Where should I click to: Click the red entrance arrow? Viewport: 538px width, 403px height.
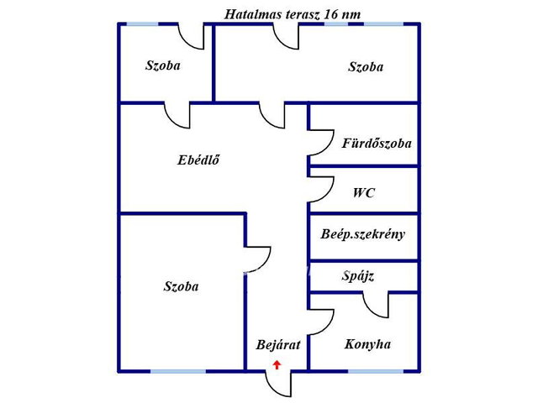click(x=277, y=364)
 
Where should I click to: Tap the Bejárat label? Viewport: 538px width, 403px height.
click(x=278, y=344)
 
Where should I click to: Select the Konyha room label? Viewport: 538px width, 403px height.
click(x=367, y=344)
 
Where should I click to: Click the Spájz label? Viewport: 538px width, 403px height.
click(x=358, y=276)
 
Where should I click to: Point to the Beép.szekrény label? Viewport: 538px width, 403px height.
click(x=362, y=234)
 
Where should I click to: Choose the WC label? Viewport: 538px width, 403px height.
click(x=364, y=192)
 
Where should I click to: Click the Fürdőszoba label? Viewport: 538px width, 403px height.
click(x=377, y=143)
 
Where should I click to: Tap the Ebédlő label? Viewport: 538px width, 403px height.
click(x=198, y=160)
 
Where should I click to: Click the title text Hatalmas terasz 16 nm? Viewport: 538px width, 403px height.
click(x=293, y=14)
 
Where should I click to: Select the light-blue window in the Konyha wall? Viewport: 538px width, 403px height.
click(x=376, y=371)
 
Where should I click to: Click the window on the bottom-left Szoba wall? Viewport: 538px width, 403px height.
click(x=178, y=371)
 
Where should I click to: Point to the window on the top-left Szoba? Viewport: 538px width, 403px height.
click(x=143, y=24)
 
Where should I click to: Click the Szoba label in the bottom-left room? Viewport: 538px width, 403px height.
click(x=181, y=286)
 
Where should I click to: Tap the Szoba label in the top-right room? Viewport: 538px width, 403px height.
click(x=366, y=67)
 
